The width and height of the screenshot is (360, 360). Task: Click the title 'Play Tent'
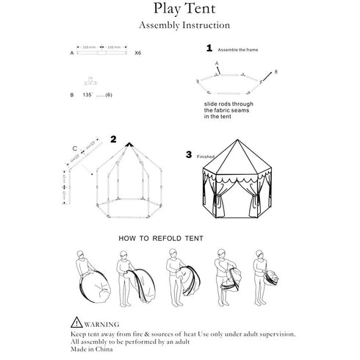179,9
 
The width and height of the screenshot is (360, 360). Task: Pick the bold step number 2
113,138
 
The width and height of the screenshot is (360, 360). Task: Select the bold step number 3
189,155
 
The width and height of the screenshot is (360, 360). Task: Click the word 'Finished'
207,156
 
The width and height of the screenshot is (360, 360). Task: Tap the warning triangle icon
76,322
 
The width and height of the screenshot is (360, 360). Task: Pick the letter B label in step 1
277,72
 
